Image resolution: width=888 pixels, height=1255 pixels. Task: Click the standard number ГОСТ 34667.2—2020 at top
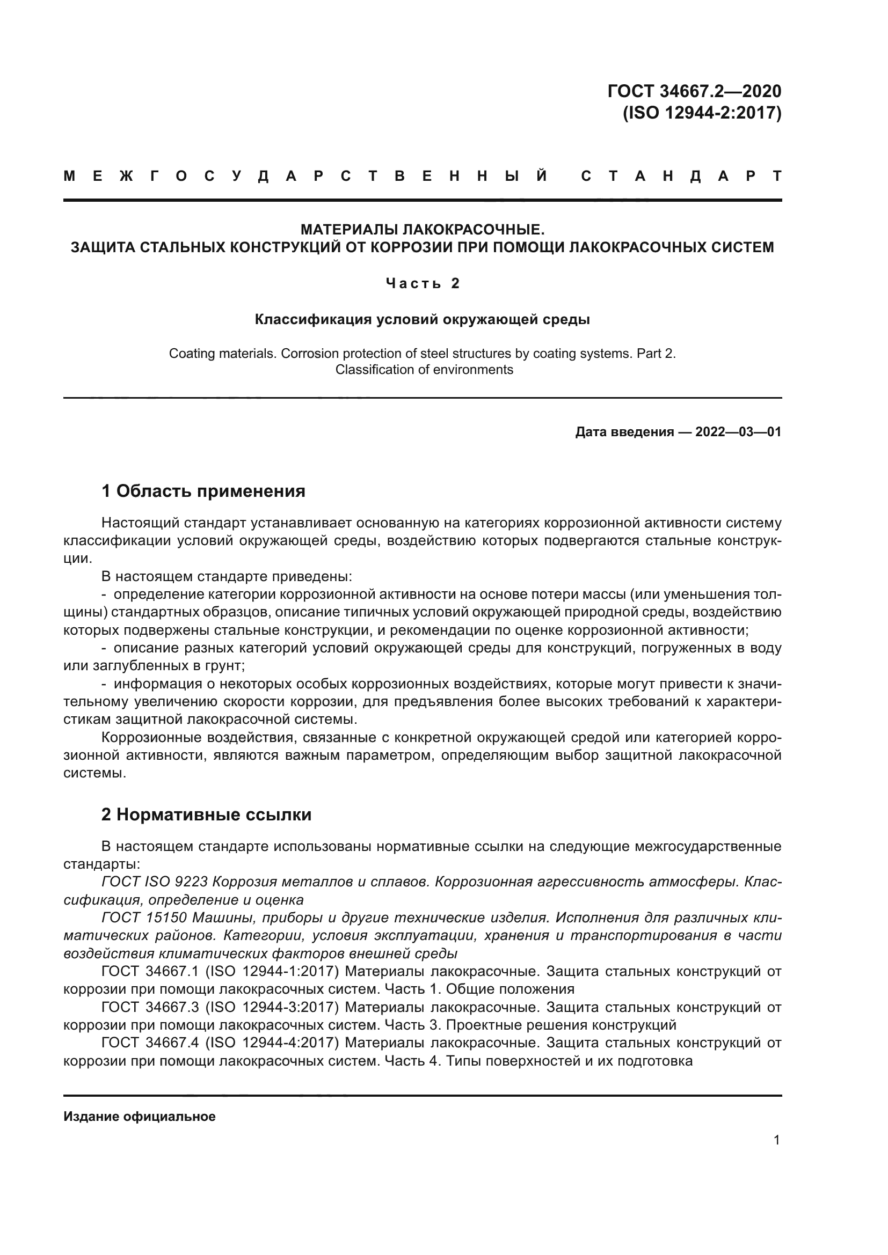694,91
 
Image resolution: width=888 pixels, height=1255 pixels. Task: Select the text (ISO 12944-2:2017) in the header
702,113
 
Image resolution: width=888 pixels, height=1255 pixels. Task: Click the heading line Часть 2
422,283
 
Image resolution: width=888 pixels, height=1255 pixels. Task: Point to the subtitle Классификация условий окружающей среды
422,319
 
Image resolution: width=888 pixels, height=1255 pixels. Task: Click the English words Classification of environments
424,370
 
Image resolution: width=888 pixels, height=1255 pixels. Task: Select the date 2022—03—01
738,432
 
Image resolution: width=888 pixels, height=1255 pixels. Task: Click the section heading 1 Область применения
203,491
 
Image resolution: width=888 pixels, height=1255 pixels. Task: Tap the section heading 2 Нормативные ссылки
206,815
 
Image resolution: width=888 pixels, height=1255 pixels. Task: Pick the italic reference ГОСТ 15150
144,918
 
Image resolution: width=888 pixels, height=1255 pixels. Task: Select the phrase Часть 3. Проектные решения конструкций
530,1024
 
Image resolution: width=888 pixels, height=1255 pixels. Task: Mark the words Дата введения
624,432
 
